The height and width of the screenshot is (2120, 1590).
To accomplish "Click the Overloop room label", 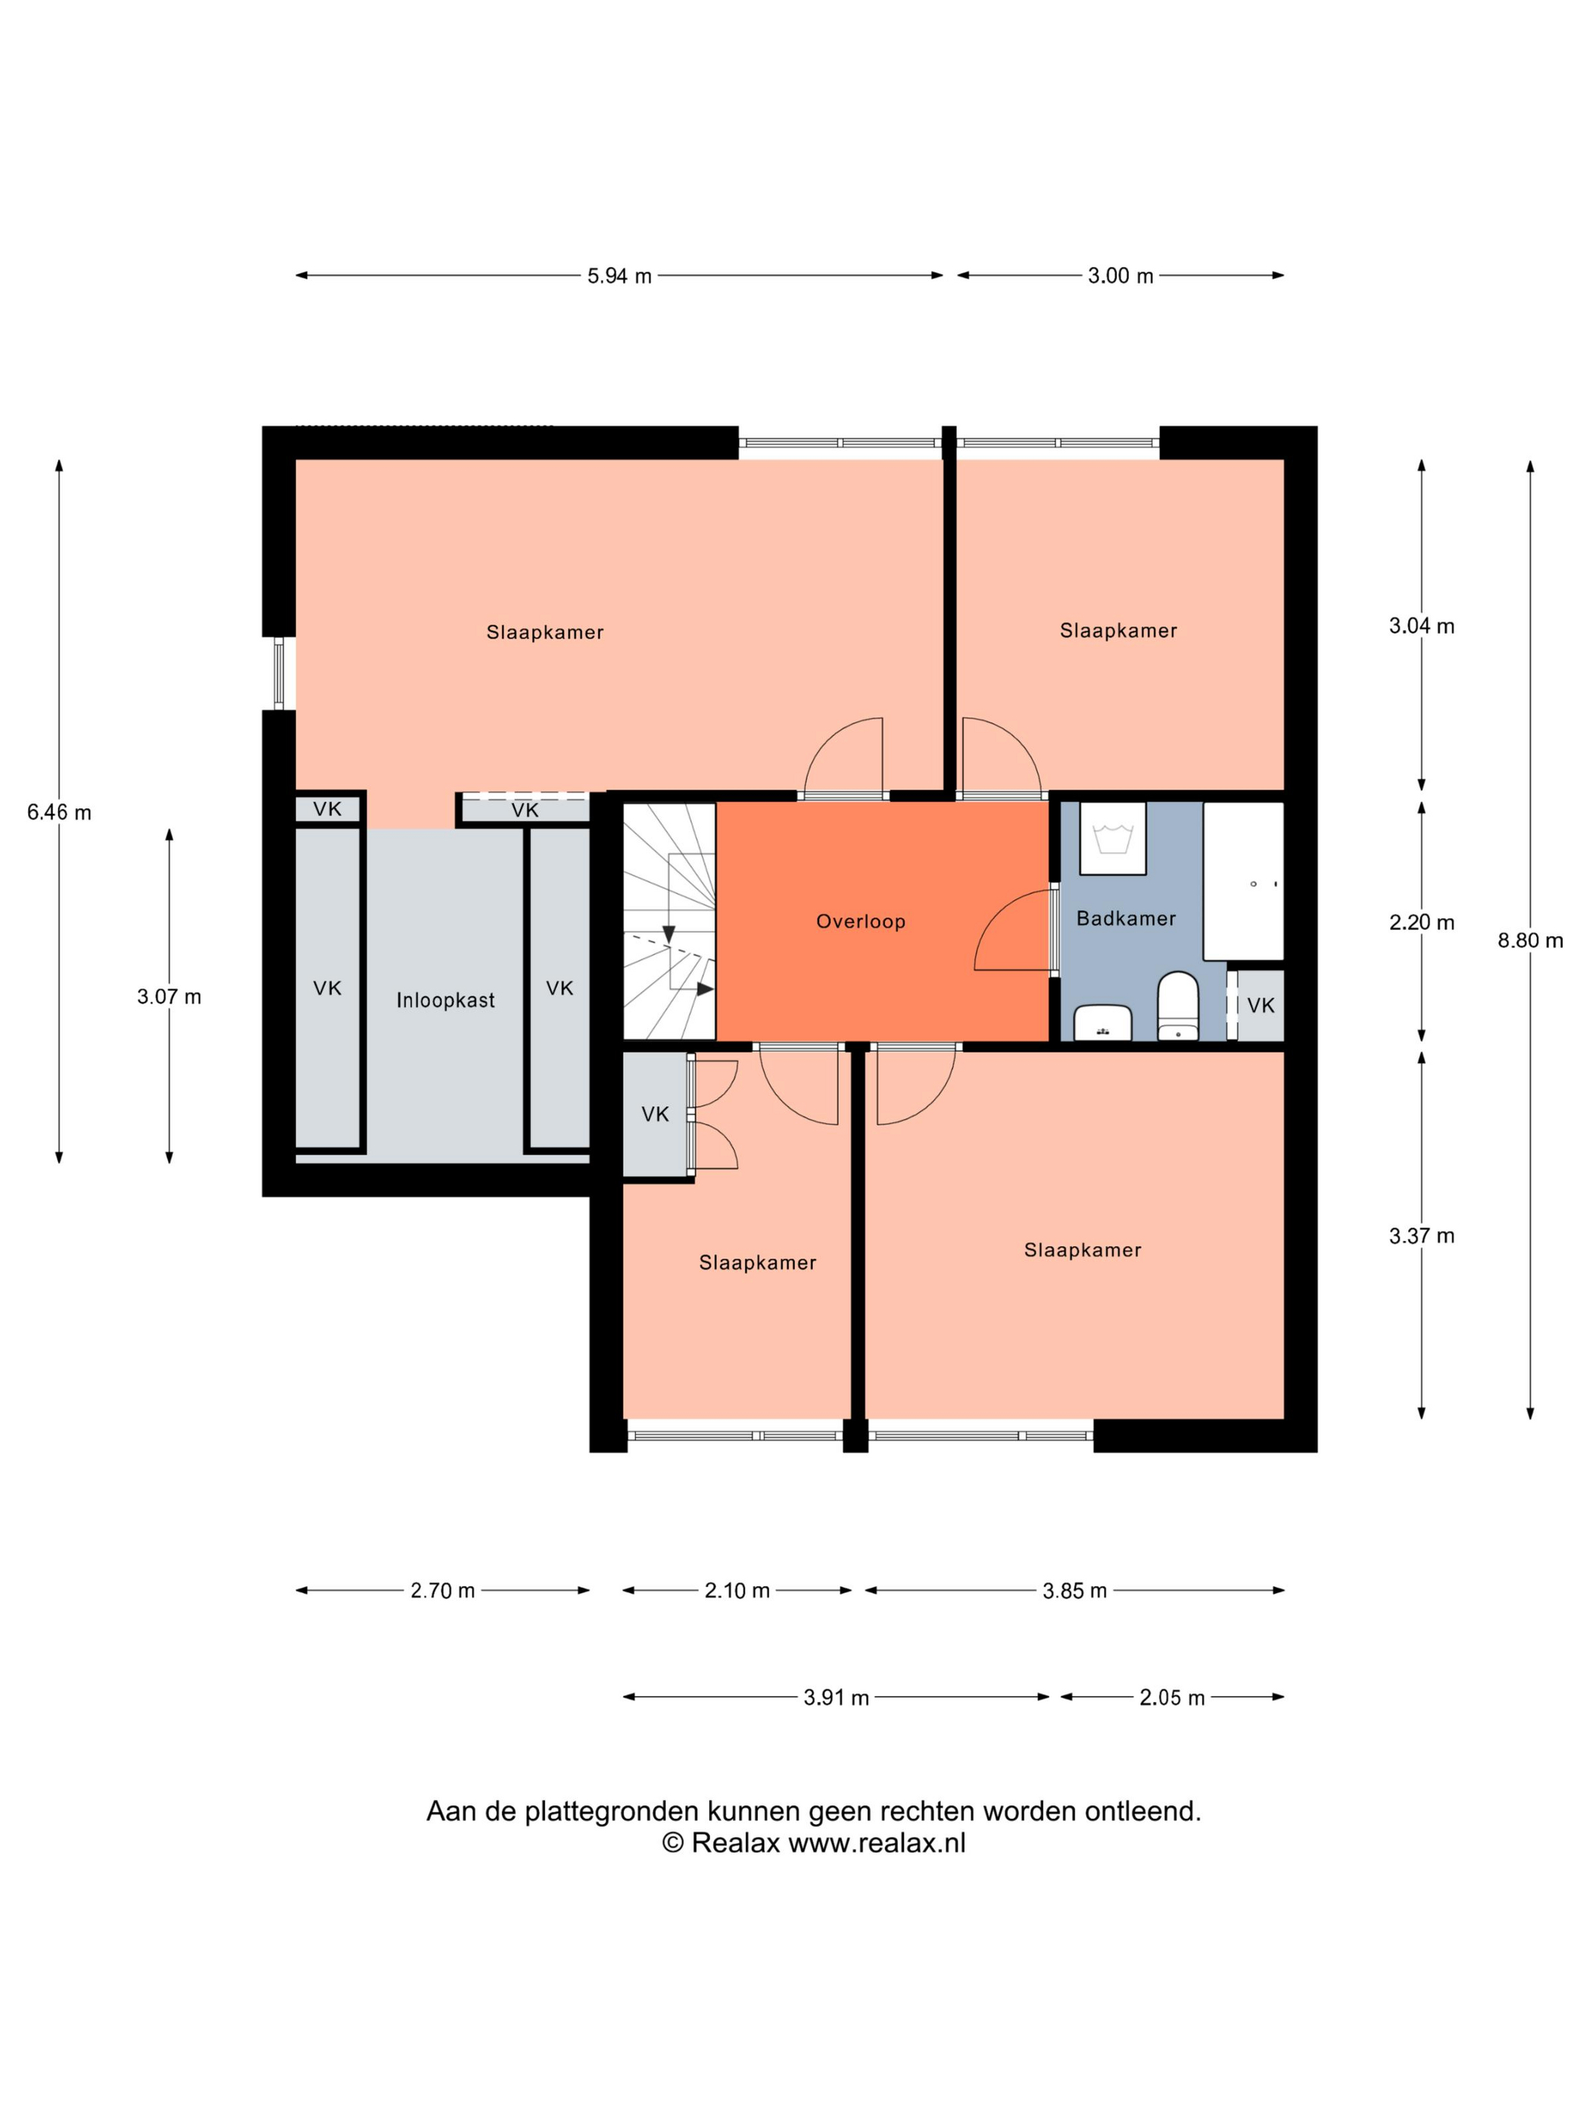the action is tap(859, 921).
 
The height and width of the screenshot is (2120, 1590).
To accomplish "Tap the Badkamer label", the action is tap(1125, 918).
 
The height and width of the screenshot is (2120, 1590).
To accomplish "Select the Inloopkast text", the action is tap(446, 1001).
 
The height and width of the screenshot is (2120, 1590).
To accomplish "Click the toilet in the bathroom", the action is tap(1177, 1005).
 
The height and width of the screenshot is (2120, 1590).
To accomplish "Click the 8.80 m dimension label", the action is tap(1529, 940).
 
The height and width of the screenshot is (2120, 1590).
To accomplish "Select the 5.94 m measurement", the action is tap(619, 276).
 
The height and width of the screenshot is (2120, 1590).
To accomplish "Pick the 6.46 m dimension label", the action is tap(59, 812).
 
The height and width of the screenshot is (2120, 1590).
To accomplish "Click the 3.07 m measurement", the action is tap(170, 996).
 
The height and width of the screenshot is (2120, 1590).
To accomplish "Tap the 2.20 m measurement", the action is tap(1421, 922).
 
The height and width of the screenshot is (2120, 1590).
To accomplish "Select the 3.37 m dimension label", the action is tap(1421, 1236).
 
